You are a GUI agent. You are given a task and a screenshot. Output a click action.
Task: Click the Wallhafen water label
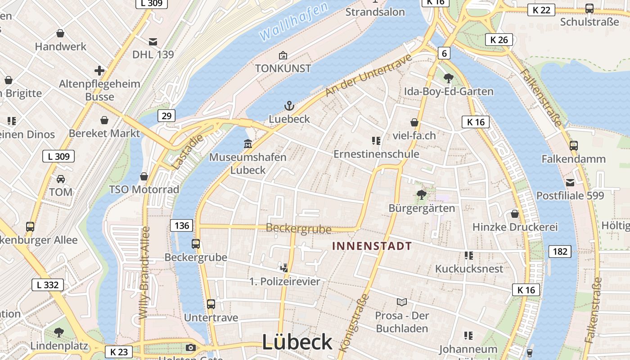[293, 21]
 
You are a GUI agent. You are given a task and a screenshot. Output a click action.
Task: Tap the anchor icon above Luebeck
[289, 106]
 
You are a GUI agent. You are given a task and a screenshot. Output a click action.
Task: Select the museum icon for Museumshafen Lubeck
[247, 144]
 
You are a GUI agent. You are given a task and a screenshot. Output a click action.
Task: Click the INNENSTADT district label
[372, 246]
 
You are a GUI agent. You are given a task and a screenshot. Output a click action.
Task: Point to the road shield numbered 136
[182, 225]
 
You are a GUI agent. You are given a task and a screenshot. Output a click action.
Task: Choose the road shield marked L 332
[47, 285]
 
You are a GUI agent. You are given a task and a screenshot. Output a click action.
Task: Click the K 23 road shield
[119, 351]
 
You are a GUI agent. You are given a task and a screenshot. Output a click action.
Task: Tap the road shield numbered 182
[560, 252]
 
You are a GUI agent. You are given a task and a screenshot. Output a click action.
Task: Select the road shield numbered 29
[166, 116]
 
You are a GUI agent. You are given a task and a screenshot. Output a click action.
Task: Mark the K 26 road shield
[499, 40]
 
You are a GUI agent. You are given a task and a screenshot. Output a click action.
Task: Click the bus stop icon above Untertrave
[211, 304]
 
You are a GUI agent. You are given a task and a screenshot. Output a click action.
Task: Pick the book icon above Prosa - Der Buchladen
[401, 302]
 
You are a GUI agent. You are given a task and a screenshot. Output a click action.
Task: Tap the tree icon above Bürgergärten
[422, 195]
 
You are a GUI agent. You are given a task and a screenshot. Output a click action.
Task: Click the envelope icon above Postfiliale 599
[570, 182]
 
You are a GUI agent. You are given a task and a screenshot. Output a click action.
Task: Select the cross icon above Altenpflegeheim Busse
[99, 71]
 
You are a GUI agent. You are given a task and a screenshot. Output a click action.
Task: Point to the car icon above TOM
[61, 179]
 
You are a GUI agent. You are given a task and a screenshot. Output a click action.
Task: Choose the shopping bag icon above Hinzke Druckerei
[515, 214]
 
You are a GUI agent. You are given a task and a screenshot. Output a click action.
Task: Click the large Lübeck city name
[297, 342]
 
